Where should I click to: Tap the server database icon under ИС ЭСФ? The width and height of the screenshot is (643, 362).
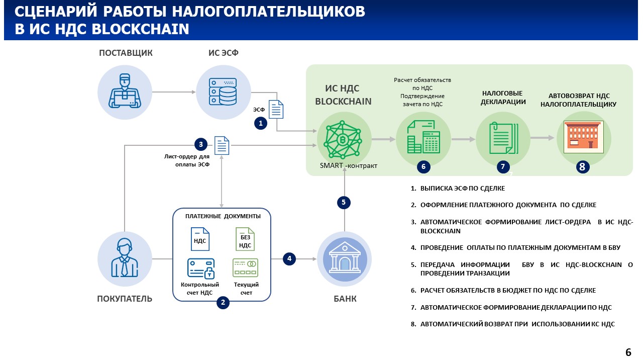[223, 92]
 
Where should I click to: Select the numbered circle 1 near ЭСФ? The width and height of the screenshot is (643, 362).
[260, 123]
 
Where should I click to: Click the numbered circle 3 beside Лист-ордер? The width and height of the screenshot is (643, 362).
[201, 144]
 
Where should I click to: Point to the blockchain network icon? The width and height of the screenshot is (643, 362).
[344, 139]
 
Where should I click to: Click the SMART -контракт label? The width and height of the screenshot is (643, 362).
[348, 166]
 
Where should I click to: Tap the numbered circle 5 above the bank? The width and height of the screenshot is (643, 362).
[344, 203]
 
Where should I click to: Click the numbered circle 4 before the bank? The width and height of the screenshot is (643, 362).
[289, 258]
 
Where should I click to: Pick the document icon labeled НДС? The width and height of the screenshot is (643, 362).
[200, 239]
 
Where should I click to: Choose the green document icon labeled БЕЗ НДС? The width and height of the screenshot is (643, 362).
[245, 239]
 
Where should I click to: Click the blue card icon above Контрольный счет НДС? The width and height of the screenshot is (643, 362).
[200, 268]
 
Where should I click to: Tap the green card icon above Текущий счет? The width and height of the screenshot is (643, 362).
[245, 267]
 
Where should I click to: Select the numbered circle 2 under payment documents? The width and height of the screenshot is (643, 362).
[223, 302]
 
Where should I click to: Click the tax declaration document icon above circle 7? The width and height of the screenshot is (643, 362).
[503, 138]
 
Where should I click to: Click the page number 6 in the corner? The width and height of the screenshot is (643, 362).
[628, 352]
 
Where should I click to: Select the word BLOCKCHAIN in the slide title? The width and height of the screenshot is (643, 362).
[141, 29]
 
